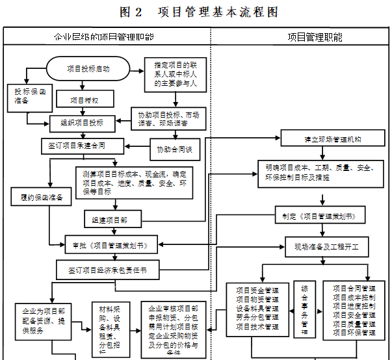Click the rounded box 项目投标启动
pyautogui.click(x=88, y=68)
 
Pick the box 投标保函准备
pyautogui.click(x=26, y=97)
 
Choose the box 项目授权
pyautogui.click(x=85, y=99)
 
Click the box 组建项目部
pyautogui.click(x=111, y=220)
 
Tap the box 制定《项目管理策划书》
pyautogui.click(x=319, y=215)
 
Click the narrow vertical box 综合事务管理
pyautogui.click(x=304, y=309)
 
